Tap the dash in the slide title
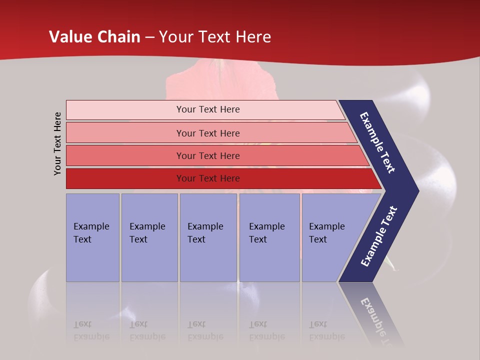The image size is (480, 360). coord(149,37)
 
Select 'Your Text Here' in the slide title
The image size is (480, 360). coord(215,37)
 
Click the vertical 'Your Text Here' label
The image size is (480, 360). coord(57,143)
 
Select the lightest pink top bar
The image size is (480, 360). coord(205,109)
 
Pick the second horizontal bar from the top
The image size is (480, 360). coord(210,133)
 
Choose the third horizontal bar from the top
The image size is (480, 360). coord(215,155)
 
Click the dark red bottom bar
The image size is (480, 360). coord(220,178)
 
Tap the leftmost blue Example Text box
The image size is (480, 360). coord(92,237)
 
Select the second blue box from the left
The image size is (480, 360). coord(149,237)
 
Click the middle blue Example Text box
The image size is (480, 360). coord(208,237)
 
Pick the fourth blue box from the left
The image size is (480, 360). coord(269,237)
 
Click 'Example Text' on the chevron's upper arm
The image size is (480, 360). coord(377,142)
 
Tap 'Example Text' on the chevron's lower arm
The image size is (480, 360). coord(379,236)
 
